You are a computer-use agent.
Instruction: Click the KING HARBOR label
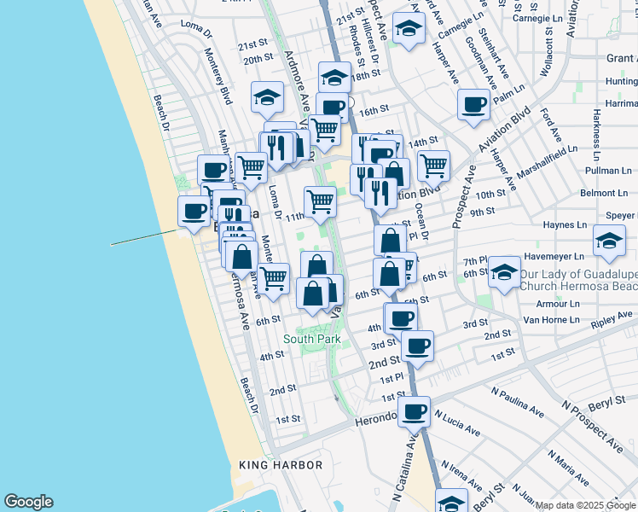[281, 465]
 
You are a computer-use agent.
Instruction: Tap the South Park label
[312, 339]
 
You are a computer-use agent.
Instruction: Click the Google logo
[28, 502]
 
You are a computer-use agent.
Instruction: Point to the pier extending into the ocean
[145, 238]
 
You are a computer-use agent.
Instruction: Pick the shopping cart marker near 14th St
[433, 165]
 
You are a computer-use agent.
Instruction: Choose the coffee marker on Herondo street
[415, 411]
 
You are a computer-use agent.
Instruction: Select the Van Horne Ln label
[551, 320]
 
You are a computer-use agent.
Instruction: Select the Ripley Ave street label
[613, 322]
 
